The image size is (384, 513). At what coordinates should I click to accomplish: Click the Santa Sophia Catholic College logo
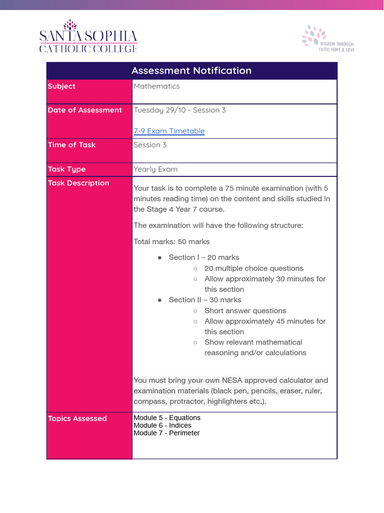pyautogui.click(x=88, y=37)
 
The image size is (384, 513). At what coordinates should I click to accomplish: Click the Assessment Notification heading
pyautogui.click(x=191, y=71)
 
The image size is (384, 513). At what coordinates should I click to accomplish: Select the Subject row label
pyautogui.click(x=61, y=86)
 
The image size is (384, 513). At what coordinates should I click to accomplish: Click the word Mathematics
pyautogui.click(x=156, y=86)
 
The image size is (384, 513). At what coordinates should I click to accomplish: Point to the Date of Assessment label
pyautogui.click(x=84, y=110)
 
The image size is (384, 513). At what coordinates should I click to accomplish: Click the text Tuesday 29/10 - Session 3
pyautogui.click(x=179, y=110)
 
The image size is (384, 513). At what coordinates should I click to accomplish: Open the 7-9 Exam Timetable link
pyautogui.click(x=169, y=131)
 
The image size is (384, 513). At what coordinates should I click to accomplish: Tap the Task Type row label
pyautogui.click(x=66, y=169)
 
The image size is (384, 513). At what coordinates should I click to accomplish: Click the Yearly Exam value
pyautogui.click(x=155, y=169)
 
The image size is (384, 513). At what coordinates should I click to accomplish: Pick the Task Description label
pyautogui.click(x=78, y=183)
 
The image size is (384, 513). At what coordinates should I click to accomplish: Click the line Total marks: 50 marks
pyautogui.click(x=171, y=241)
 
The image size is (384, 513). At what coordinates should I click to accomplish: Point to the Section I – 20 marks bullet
pyautogui.click(x=204, y=258)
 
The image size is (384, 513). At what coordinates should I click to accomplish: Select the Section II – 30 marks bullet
pyautogui.click(x=205, y=300)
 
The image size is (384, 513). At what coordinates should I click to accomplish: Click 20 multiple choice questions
pyautogui.click(x=253, y=269)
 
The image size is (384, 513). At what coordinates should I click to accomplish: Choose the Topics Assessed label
pyautogui.click(x=77, y=419)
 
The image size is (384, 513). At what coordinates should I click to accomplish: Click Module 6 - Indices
pyautogui.click(x=162, y=425)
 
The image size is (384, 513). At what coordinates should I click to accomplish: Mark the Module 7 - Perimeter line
pyautogui.click(x=166, y=433)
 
